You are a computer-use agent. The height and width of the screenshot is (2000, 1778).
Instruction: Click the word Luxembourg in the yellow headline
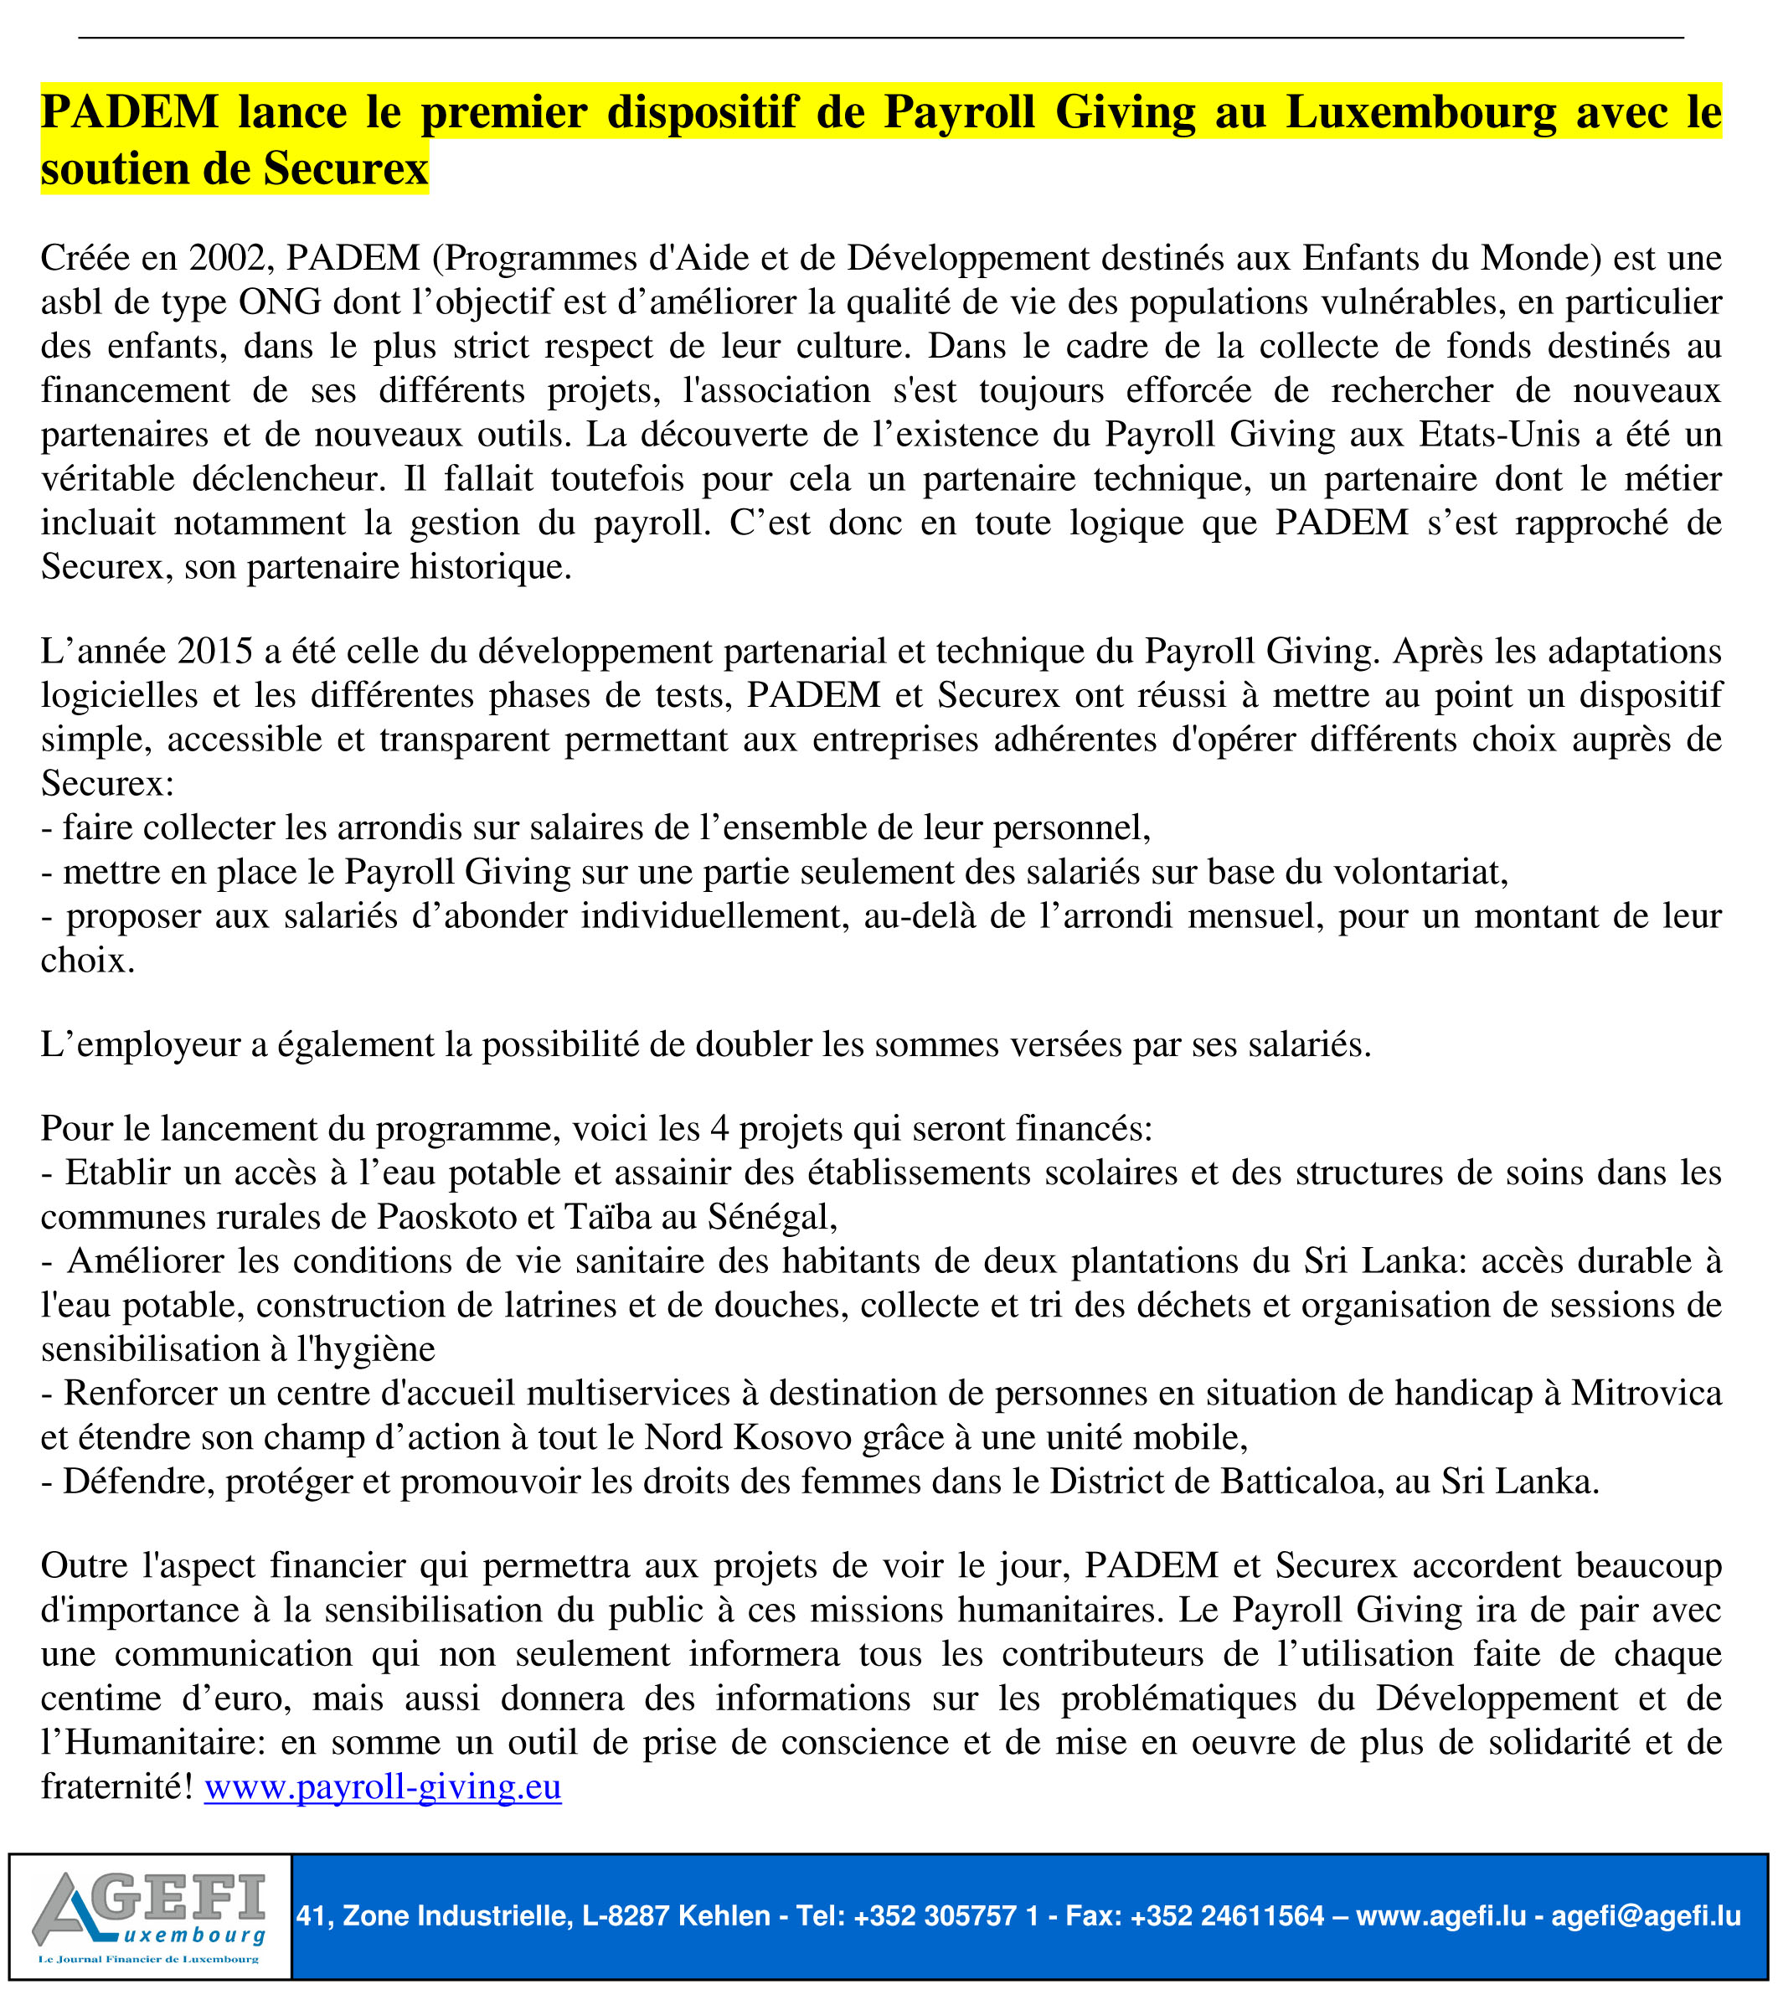pyautogui.click(x=1421, y=112)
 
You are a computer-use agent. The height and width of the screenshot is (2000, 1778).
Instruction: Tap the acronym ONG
pyautogui.click(x=280, y=302)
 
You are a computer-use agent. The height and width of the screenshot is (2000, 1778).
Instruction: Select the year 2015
pyautogui.click(x=216, y=652)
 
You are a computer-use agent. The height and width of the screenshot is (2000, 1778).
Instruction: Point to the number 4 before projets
pyautogui.click(x=719, y=1129)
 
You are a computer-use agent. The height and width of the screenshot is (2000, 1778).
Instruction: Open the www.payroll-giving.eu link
pyautogui.click(x=383, y=1787)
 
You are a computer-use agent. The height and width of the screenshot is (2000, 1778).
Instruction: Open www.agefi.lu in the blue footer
pyautogui.click(x=1440, y=1916)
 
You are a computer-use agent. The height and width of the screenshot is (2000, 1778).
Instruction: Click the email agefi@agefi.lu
pyautogui.click(x=1646, y=1916)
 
